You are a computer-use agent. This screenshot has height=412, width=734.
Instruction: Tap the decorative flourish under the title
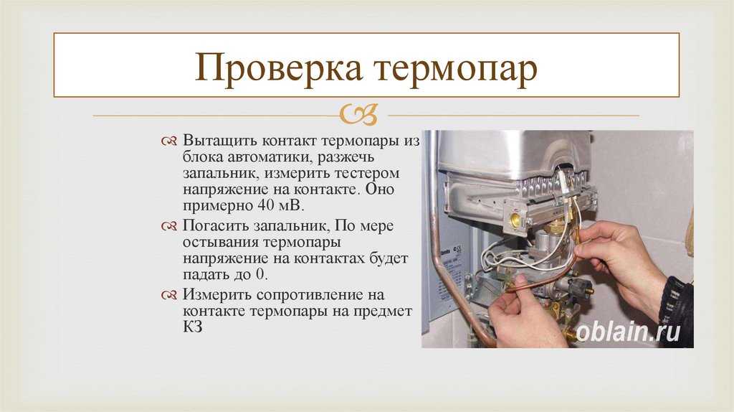pyautogui.click(x=358, y=115)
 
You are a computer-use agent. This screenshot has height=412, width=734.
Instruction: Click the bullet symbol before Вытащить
pyautogui.click(x=169, y=141)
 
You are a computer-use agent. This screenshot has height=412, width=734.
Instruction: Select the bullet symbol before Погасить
pyautogui.click(x=169, y=226)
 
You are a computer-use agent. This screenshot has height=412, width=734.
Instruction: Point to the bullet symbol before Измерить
pyautogui.click(x=169, y=295)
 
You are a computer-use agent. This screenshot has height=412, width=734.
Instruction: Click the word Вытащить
pyautogui.click(x=219, y=141)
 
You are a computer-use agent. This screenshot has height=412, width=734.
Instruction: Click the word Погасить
pyautogui.click(x=216, y=226)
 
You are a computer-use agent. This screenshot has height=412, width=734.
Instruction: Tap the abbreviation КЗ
pyautogui.click(x=192, y=327)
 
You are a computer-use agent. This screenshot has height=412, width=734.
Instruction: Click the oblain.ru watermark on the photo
pyautogui.click(x=628, y=332)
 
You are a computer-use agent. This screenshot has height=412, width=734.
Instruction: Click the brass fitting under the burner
pyautogui.click(x=515, y=218)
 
